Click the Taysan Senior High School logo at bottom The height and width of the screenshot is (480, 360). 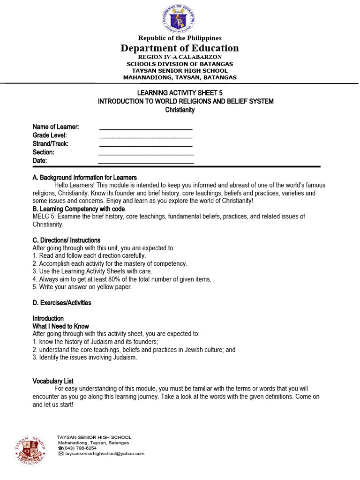pos(30,449)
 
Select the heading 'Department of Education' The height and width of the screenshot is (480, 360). pos(180,48)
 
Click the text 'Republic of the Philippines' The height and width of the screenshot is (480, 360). pos(180,38)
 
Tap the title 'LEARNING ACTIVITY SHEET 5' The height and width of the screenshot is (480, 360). pos(180,93)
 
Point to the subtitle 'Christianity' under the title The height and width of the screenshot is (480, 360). pos(180,110)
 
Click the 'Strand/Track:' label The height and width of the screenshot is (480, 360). pos(50,144)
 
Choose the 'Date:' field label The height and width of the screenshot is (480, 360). pos(40,161)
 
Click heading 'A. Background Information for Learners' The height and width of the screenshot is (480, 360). pos(84,178)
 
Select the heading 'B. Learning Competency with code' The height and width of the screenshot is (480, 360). pos(78,209)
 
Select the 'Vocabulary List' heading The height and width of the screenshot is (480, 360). pos(53,381)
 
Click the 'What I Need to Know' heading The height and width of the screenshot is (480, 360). pos(60,326)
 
